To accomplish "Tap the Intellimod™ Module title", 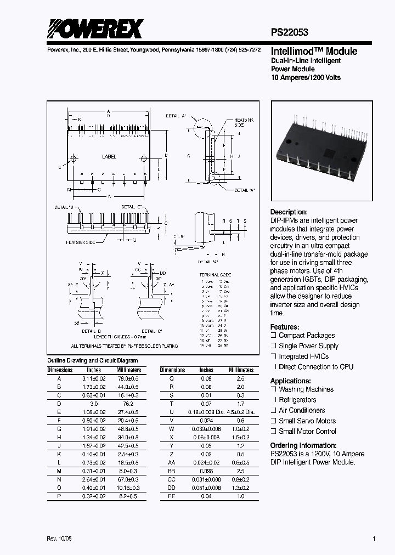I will [x=314, y=52].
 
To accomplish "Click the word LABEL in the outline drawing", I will [x=109, y=156].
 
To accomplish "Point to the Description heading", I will [x=289, y=212].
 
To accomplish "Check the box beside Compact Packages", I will [x=273, y=336].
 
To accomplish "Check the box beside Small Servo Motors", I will [x=273, y=421].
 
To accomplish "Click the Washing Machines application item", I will [x=306, y=389].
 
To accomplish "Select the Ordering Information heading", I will [x=303, y=446].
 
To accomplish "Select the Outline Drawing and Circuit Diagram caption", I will [x=92, y=361].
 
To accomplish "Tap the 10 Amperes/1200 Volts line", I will [x=306, y=77].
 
